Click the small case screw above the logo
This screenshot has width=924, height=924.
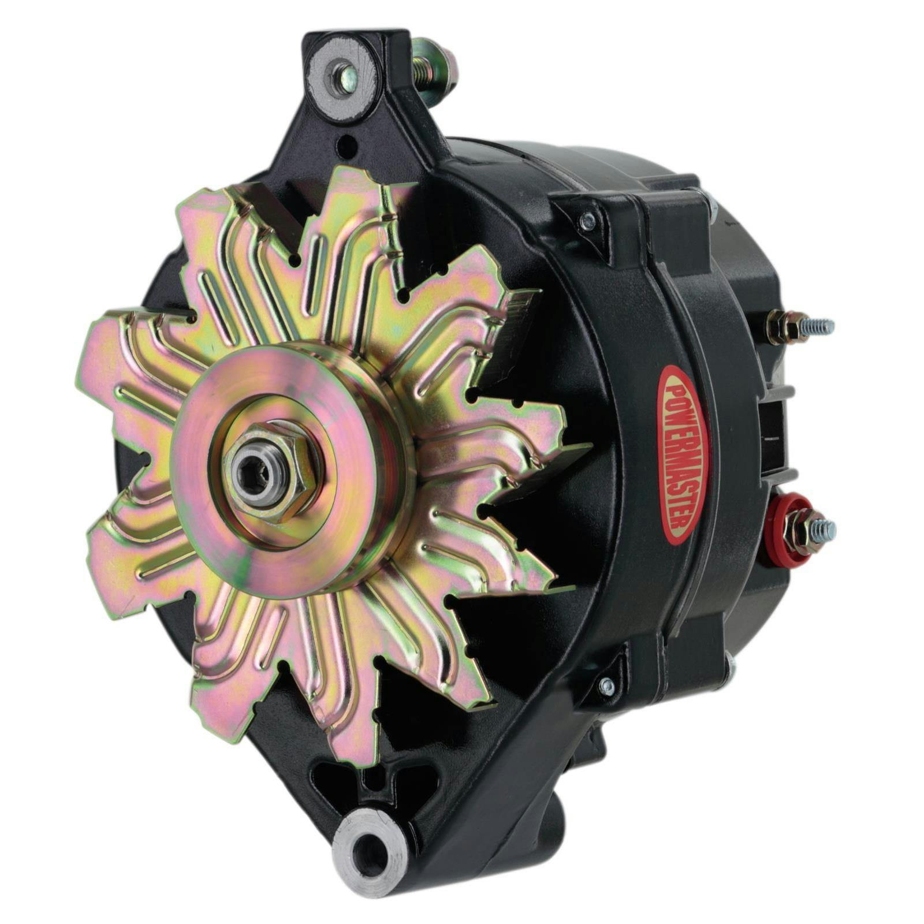coord(587,219)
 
